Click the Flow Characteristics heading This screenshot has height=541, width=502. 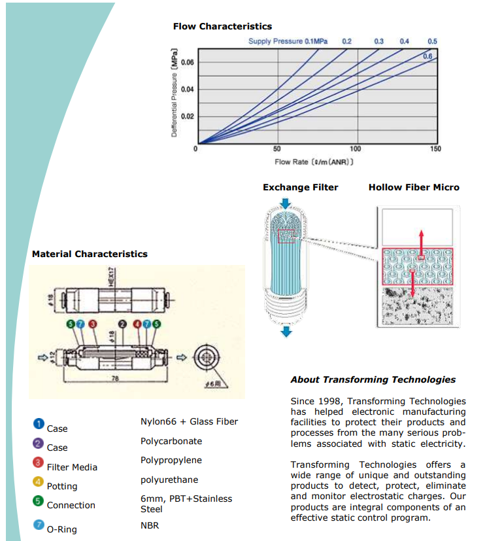[x=222, y=26]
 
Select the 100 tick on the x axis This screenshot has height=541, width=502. [x=356, y=149]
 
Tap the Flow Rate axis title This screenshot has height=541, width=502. [x=314, y=161]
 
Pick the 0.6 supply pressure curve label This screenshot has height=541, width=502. [x=427, y=56]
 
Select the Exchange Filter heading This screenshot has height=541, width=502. [x=300, y=187]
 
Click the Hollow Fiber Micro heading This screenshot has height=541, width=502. [x=414, y=187]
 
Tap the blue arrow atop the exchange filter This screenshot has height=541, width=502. [x=286, y=203]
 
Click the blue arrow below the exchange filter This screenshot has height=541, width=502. [x=286, y=332]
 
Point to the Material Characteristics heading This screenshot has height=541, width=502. [x=90, y=254]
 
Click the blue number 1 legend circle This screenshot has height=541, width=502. [x=39, y=424]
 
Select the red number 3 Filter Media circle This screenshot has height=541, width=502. [x=39, y=462]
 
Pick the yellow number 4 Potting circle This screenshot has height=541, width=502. [x=39, y=482]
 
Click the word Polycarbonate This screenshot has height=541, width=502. [x=171, y=441]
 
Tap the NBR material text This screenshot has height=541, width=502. [x=150, y=525]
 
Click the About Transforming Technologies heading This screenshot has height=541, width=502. [x=373, y=379]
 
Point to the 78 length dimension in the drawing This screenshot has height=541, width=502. [x=115, y=378]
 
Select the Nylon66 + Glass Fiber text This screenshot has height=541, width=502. [x=190, y=421]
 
